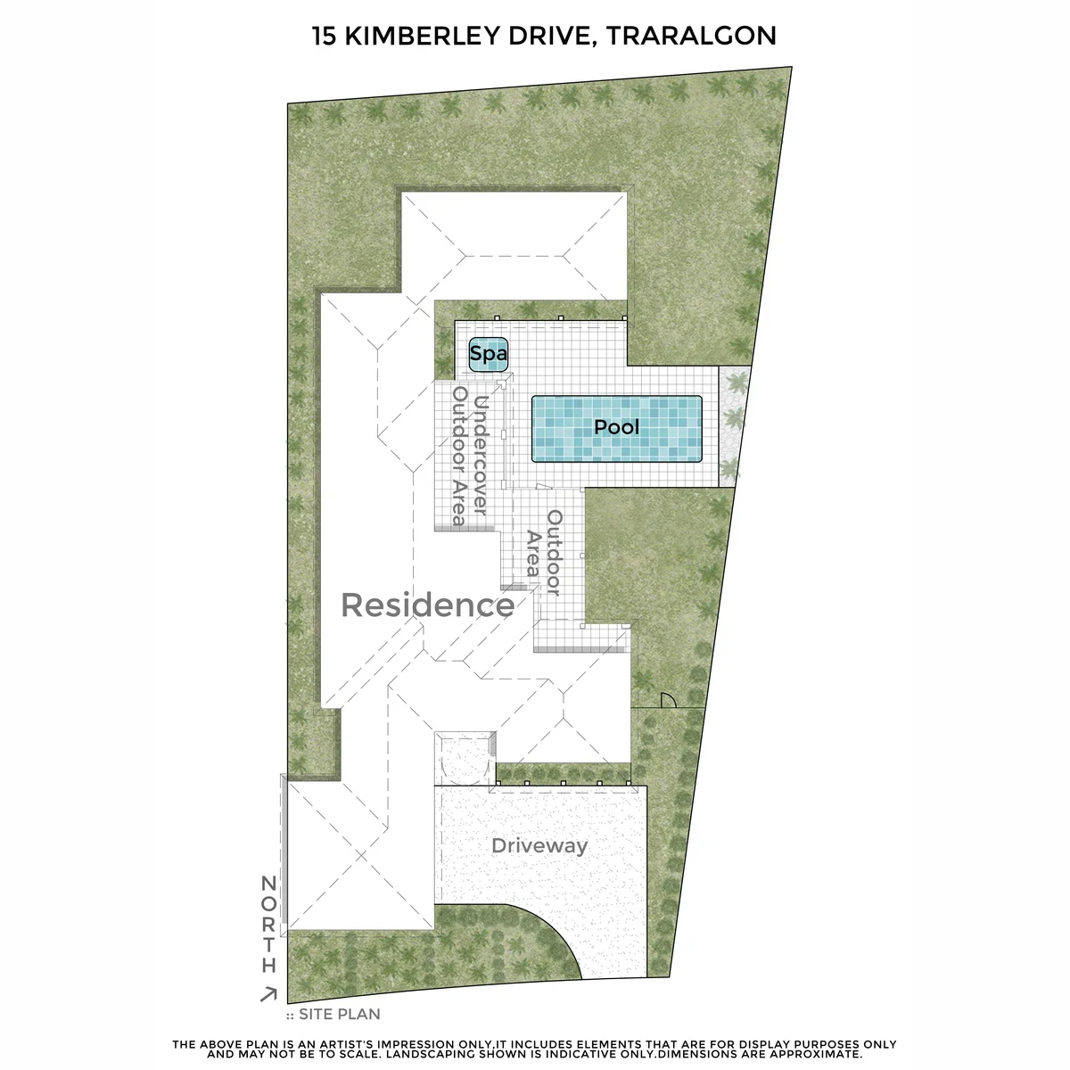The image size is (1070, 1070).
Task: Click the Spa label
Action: click(x=488, y=354)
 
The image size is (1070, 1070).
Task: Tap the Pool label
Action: click(x=616, y=427)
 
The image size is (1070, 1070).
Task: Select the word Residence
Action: click(x=428, y=605)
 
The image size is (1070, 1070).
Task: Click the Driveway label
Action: click(x=539, y=846)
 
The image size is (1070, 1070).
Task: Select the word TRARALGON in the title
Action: click(x=691, y=36)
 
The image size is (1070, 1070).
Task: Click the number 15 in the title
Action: click(x=324, y=36)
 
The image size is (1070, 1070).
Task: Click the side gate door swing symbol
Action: click(x=668, y=701)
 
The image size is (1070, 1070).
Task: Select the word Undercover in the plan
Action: click(x=479, y=456)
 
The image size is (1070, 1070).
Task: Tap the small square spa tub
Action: click(x=489, y=354)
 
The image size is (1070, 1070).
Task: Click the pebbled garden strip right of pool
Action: click(x=735, y=426)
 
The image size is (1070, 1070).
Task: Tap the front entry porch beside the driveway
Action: click(x=465, y=758)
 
